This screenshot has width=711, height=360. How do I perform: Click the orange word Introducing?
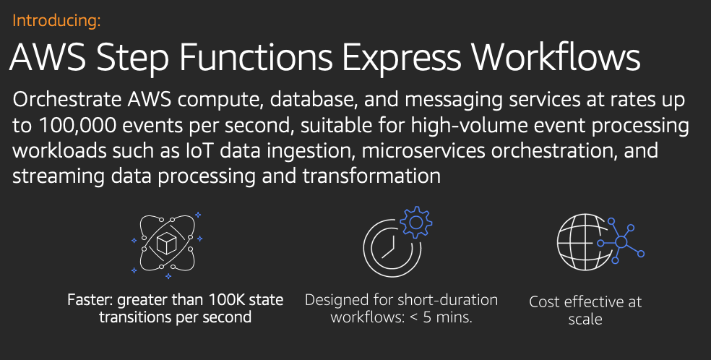click(56, 21)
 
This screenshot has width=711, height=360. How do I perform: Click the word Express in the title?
click(401, 59)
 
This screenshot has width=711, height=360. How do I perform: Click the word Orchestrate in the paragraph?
click(67, 99)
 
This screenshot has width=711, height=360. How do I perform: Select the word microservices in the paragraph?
click(423, 150)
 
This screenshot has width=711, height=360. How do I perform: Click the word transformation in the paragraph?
click(371, 176)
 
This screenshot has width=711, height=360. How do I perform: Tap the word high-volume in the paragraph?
click(470, 126)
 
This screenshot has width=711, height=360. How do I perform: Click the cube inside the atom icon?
click(166, 244)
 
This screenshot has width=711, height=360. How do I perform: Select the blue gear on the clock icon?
click(415, 222)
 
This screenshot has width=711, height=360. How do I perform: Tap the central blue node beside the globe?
click(621, 242)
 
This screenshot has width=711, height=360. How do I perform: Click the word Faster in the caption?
click(90, 300)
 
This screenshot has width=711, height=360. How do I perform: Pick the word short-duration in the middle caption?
click(447, 300)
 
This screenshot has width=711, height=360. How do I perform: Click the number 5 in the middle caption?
click(427, 317)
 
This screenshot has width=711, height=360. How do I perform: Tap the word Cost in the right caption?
click(545, 302)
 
